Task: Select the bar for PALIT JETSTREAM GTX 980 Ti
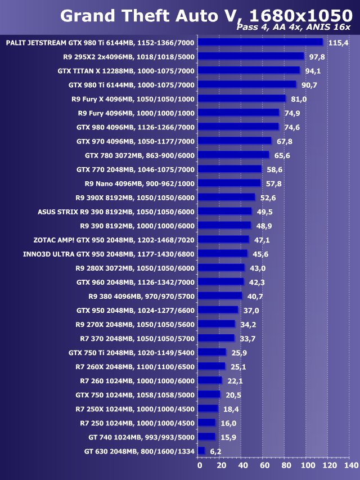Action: pos(261,42)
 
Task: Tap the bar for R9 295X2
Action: pos(251,56)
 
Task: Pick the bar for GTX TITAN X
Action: pos(249,70)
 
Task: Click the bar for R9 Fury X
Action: pos(242,98)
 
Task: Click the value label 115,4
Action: pos(339,43)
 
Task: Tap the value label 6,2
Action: pos(215,451)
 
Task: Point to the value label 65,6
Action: pos(282,155)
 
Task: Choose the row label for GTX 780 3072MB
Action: pos(139,155)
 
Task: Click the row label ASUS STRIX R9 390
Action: pos(116,212)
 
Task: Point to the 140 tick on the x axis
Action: pos(350,465)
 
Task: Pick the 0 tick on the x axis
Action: pos(199,465)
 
